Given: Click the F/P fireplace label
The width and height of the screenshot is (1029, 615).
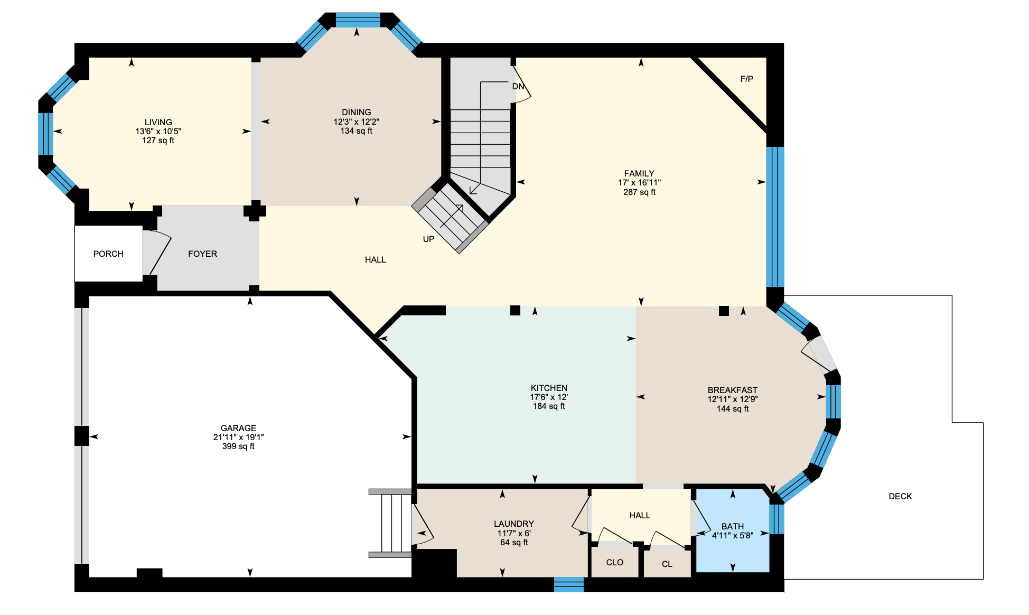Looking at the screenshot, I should click(x=746, y=79).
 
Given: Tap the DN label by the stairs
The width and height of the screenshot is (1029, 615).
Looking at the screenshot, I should click(x=518, y=87).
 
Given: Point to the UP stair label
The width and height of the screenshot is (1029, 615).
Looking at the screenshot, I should click(x=428, y=239).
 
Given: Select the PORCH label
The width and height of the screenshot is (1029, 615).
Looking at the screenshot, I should click(x=108, y=254).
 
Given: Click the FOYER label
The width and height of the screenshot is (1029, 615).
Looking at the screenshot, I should click(x=202, y=254).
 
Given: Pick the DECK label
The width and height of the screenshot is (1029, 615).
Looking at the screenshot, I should click(x=900, y=497).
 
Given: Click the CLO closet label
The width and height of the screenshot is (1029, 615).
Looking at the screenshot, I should click(x=614, y=563).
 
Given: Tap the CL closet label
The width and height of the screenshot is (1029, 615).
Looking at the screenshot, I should click(x=667, y=564).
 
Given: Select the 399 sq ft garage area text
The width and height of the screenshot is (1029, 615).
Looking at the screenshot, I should click(x=238, y=446).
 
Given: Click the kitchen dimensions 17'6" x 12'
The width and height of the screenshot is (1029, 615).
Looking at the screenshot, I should click(x=549, y=397).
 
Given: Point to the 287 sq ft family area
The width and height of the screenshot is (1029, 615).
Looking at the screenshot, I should click(x=639, y=192).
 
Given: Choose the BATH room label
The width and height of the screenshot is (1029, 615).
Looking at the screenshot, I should click(x=732, y=527).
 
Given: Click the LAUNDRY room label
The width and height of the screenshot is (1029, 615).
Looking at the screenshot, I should click(x=513, y=524).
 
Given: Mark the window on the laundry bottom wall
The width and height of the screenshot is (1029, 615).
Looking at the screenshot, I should click(x=569, y=584).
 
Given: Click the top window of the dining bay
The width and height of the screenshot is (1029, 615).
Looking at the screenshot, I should click(x=358, y=20).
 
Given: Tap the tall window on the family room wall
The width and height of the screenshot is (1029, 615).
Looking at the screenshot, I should click(x=775, y=217).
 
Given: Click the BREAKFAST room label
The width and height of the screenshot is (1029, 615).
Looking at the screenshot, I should click(x=732, y=390).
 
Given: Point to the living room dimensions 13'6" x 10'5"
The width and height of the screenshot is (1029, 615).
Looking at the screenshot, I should click(x=158, y=132).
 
